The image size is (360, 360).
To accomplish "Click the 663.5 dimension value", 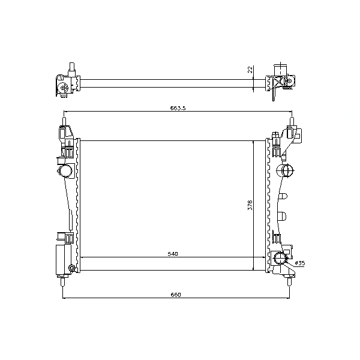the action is coord(178,108).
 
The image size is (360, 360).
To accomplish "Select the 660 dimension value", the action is coord(176,295).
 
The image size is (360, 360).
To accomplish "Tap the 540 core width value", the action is coord(173,254).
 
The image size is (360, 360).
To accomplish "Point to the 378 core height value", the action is coord(250,205).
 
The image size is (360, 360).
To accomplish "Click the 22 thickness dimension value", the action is coord(250,70).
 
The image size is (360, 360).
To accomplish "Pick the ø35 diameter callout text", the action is coord(300,263).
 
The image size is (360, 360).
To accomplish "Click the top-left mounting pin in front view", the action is coord(64,121).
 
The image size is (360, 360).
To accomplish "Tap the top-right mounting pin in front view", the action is coord(292,121).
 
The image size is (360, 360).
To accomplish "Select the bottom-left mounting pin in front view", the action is coord(62,281).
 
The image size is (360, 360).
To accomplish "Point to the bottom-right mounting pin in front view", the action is coord(289,281).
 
